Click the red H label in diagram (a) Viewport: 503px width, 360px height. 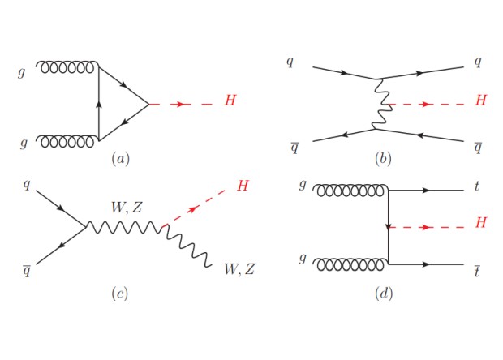point(231,101)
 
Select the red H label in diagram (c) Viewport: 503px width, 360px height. point(243,186)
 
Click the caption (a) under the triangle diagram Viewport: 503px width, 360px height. point(121,159)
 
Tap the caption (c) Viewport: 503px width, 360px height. point(119,294)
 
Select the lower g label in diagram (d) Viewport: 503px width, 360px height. point(303,260)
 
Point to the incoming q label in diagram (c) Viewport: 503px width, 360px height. point(27,185)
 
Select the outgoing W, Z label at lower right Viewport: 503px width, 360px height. point(242,268)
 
